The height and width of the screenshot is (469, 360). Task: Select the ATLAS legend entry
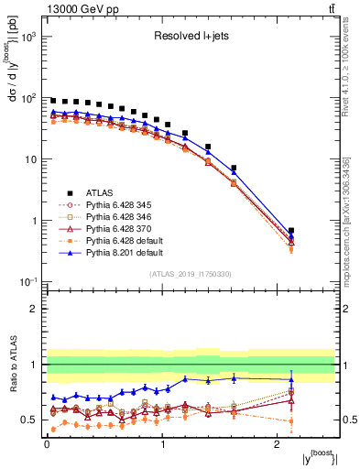[x=100, y=191]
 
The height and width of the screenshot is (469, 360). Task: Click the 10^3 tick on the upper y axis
[x=30, y=37]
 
